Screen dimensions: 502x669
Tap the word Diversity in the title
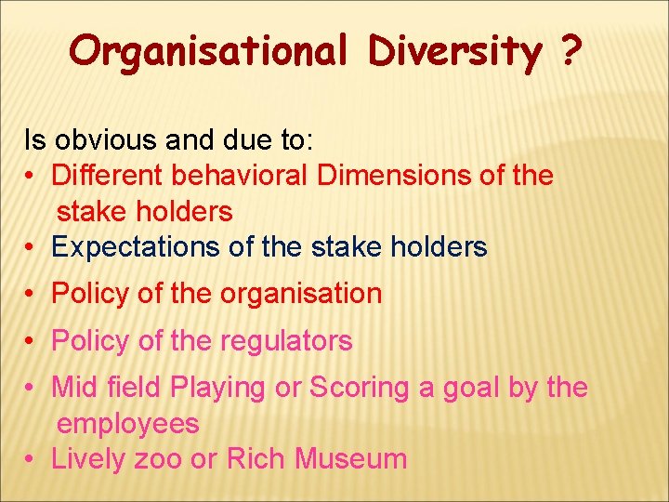454,51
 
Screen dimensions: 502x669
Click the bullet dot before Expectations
32,247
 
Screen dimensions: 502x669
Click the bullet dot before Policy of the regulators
32,342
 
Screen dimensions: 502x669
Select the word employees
128,424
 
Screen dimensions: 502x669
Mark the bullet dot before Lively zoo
32,459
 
